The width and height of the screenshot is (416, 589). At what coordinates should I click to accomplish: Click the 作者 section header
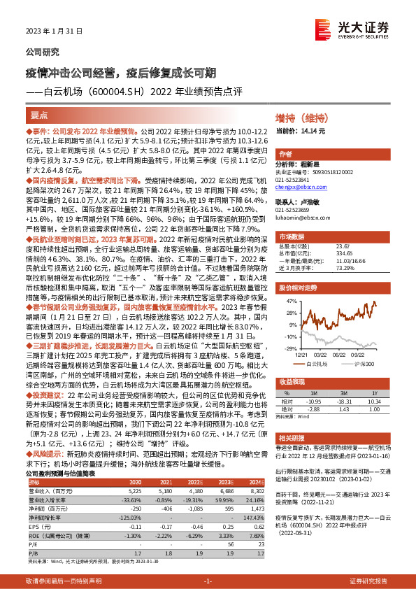pyautogui.click(x=285, y=154)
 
